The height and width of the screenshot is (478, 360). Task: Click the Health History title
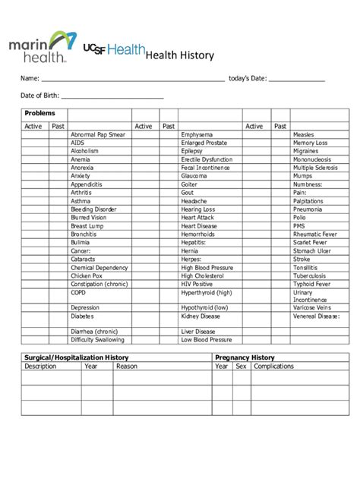click(x=179, y=55)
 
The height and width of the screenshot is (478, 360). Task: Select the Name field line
click(x=132, y=79)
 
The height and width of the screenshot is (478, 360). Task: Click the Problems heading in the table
click(x=40, y=113)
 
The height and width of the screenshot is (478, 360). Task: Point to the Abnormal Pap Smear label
click(x=98, y=134)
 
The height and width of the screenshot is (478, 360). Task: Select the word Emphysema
click(x=197, y=134)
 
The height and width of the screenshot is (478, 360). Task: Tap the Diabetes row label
click(x=84, y=316)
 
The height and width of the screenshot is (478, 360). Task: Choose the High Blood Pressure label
click(x=207, y=268)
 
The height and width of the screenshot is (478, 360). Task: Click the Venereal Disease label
click(x=316, y=316)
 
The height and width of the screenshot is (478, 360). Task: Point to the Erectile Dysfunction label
click(x=207, y=159)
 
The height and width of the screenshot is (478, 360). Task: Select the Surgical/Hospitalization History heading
click(x=76, y=357)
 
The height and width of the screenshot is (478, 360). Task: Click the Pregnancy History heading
click(x=245, y=357)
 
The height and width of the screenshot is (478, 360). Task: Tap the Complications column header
click(x=273, y=366)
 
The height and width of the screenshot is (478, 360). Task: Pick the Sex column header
click(x=241, y=366)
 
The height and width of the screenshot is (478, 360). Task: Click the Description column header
click(x=40, y=366)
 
